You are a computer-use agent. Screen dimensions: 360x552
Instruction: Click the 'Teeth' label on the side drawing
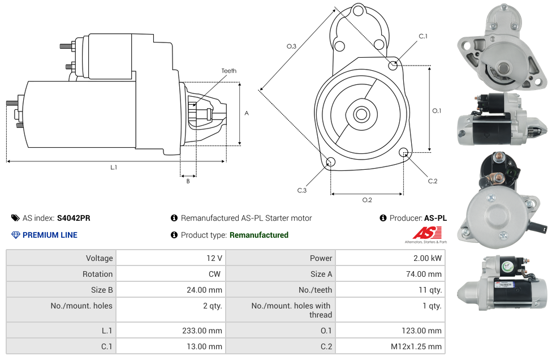229,71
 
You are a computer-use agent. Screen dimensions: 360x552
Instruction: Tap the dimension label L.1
114,168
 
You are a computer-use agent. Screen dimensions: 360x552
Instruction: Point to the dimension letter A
247,113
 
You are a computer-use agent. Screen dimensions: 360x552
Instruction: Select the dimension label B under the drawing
188,181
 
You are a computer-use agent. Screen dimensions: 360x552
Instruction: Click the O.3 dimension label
291,46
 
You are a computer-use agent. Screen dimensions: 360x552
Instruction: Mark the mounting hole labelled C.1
393,66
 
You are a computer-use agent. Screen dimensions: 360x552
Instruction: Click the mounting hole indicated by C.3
331,163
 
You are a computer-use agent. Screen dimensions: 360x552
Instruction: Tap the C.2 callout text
433,181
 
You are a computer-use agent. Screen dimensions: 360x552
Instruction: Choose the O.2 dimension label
367,200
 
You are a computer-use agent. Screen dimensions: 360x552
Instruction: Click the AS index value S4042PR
74,218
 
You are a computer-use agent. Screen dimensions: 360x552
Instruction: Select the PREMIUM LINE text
50,235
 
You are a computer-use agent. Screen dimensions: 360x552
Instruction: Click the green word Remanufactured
259,235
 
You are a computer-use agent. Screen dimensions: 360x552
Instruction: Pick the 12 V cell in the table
214,258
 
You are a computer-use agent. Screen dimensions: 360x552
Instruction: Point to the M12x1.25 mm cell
416,346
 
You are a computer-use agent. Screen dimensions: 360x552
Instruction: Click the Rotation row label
97,274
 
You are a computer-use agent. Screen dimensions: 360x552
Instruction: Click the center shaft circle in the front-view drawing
361,114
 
